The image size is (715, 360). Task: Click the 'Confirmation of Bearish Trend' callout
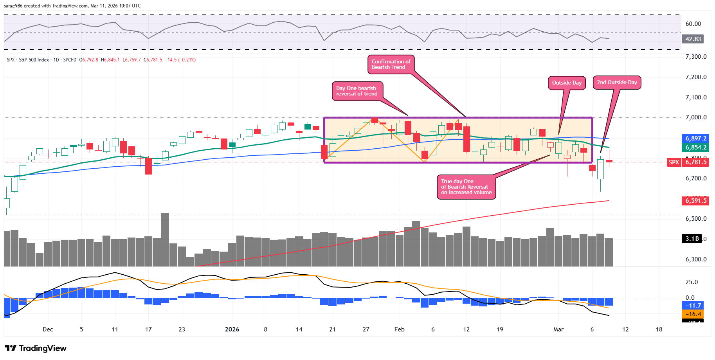(391, 65)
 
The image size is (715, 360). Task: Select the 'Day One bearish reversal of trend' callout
(357, 91)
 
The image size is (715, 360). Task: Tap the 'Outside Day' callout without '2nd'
(567, 83)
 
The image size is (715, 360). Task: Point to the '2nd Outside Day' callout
(617, 83)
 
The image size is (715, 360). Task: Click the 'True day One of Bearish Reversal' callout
(466, 187)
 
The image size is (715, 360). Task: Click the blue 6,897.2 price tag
(695, 139)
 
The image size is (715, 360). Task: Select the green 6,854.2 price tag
(695, 148)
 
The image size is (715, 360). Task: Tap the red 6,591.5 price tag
(695, 201)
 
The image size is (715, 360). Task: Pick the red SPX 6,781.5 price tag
(688, 162)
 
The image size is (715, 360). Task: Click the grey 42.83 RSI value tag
(693, 39)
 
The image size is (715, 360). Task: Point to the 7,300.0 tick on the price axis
(696, 57)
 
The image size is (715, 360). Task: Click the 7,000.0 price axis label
(696, 117)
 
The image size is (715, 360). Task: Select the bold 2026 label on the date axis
(232, 329)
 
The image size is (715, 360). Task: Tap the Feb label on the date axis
(399, 329)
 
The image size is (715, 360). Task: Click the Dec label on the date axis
(48, 329)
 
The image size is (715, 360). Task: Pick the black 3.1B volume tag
(692, 239)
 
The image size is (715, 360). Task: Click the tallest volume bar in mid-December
(165, 239)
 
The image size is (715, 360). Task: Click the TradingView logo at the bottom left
(36, 348)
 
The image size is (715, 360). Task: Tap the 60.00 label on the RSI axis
(693, 24)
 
